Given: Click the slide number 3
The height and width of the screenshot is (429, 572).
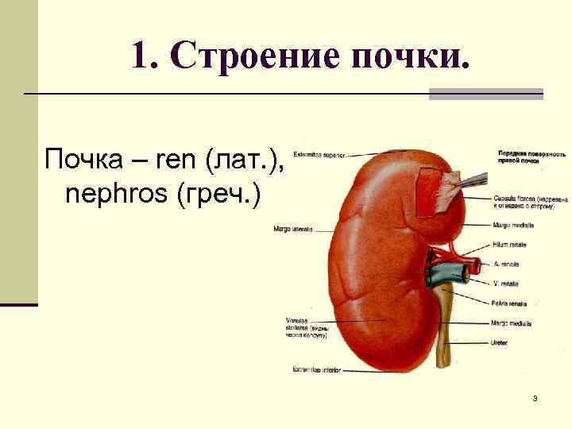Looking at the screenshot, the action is [535, 397].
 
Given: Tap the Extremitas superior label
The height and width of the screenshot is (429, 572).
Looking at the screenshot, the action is [318, 154].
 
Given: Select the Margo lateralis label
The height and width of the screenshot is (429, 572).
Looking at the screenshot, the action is [292, 230].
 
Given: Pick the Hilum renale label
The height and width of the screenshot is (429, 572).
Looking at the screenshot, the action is [508, 245].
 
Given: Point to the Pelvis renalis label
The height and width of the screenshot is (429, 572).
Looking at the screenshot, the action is [509, 303].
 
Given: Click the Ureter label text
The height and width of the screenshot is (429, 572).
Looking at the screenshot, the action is [501, 343].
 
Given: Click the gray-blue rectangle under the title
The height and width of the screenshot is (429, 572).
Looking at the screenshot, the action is [485, 94].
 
